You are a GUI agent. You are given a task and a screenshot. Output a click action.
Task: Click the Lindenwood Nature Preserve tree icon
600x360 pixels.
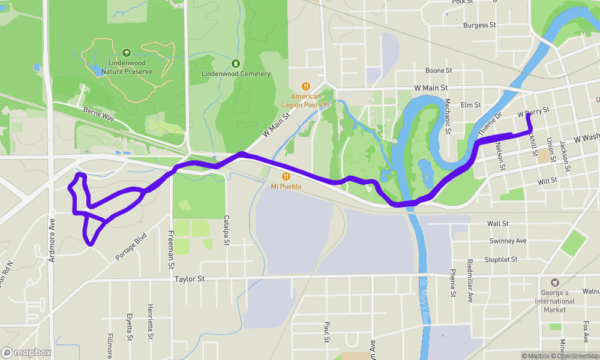click(127, 53)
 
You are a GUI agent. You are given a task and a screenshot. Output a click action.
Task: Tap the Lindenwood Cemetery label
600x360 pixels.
click(236, 74)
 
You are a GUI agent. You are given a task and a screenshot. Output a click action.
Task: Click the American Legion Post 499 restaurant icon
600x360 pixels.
click(305, 86)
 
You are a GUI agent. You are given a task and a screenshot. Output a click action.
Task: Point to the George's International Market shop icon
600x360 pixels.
click(554, 282)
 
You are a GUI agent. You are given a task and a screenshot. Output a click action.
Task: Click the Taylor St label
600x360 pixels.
click(190, 279)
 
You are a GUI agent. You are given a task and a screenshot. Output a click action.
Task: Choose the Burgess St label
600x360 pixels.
click(480, 26)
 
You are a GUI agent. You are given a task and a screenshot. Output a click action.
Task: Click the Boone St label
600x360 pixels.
click(439, 71)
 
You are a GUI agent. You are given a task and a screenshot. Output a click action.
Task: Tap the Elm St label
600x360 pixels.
click(470, 105)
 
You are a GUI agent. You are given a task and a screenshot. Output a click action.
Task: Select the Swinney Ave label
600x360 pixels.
click(508, 241)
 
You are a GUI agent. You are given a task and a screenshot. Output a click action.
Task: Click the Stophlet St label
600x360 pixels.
click(501, 259)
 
